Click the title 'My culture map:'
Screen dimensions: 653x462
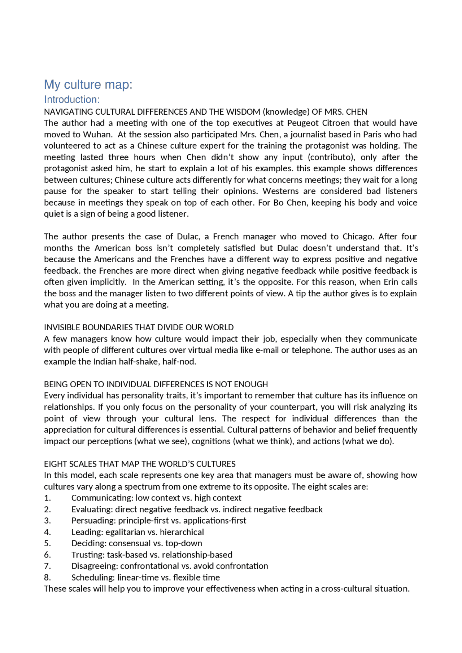point(88,84)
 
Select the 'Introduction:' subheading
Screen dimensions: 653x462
point(71,100)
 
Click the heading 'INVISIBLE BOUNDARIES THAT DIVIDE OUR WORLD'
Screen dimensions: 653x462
point(139,327)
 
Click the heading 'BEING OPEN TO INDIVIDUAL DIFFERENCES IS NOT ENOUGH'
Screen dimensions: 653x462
point(156,384)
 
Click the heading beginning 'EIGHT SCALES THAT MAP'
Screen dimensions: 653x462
point(140,464)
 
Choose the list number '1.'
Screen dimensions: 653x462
point(47,498)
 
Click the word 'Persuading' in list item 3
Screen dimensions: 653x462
point(93,521)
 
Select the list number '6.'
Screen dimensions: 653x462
point(47,555)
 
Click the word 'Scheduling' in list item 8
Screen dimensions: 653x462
point(93,578)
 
